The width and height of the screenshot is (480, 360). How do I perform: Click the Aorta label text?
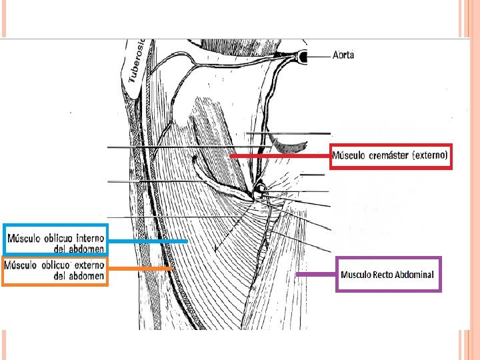343,55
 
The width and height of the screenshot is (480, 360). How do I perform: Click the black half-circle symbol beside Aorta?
303,58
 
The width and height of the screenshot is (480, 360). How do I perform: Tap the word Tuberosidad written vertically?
137,61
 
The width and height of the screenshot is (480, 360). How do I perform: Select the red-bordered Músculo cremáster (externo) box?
391,157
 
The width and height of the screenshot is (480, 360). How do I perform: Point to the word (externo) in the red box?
431,156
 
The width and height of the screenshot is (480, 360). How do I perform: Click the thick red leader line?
280,156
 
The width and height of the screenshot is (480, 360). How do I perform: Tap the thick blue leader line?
147,240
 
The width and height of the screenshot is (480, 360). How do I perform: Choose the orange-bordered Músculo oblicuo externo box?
55,271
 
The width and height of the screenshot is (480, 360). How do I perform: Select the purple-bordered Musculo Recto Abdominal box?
389,274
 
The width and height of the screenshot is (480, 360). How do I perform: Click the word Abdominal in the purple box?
414,274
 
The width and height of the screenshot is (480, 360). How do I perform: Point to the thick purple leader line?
317,274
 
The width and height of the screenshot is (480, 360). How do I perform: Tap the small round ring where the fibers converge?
258,192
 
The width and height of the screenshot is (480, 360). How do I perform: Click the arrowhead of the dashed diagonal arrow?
215,250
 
